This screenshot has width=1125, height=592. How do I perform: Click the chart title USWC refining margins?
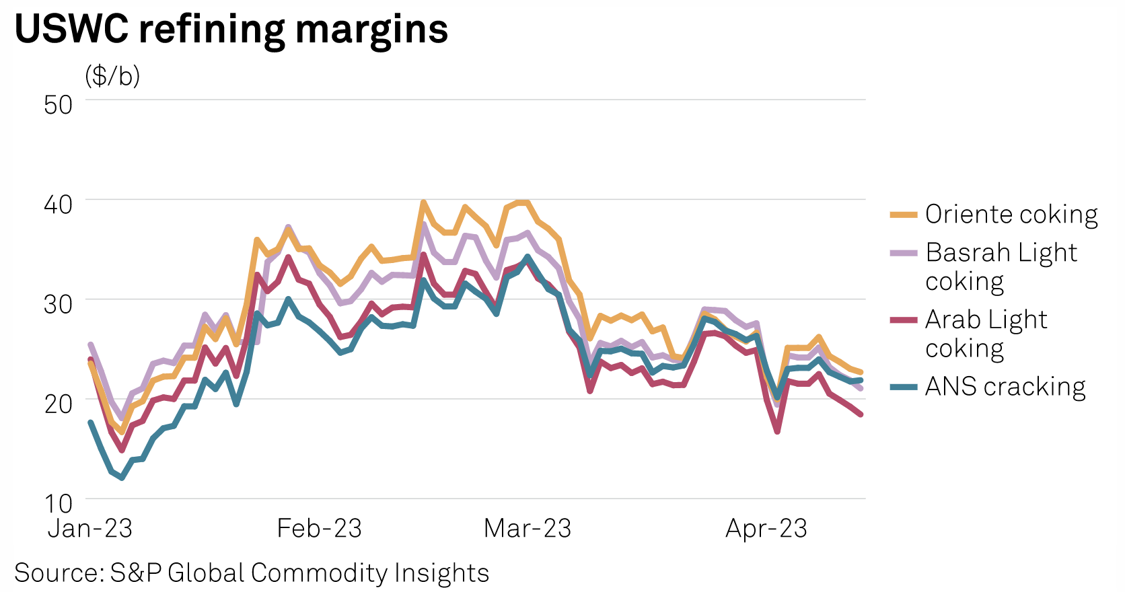[231, 29]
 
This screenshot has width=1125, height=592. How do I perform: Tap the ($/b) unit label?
[112, 76]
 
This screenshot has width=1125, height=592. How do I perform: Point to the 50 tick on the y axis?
[58, 104]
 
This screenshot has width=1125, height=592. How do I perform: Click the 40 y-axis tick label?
[58, 204]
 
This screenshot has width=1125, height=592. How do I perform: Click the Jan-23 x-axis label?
[90, 529]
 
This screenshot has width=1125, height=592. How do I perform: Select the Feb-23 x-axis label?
[319, 529]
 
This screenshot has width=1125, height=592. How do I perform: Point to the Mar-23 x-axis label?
[528, 529]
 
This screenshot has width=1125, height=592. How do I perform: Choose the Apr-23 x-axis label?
[766, 529]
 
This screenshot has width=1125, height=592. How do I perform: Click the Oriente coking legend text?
[1011, 215]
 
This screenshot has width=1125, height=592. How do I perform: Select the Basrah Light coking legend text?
[1001, 266]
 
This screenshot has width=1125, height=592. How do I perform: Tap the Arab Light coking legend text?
[986, 334]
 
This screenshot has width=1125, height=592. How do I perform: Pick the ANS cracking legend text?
[1005, 387]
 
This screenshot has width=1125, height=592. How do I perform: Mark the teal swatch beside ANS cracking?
[903, 387]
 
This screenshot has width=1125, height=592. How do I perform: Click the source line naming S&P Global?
[252, 573]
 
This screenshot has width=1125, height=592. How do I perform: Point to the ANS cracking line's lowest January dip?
[122, 478]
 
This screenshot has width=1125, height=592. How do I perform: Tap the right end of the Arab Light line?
[860, 414]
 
